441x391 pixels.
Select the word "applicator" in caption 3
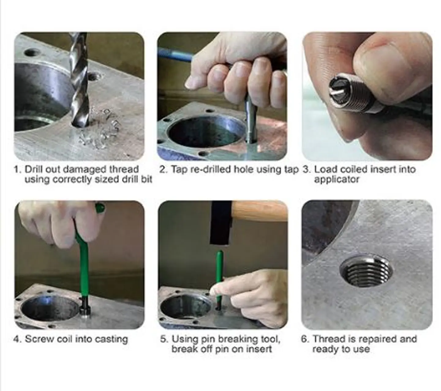point(336,179)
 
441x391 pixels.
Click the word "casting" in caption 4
point(111,339)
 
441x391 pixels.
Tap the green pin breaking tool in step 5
point(220,275)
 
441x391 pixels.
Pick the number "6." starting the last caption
point(305,339)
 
